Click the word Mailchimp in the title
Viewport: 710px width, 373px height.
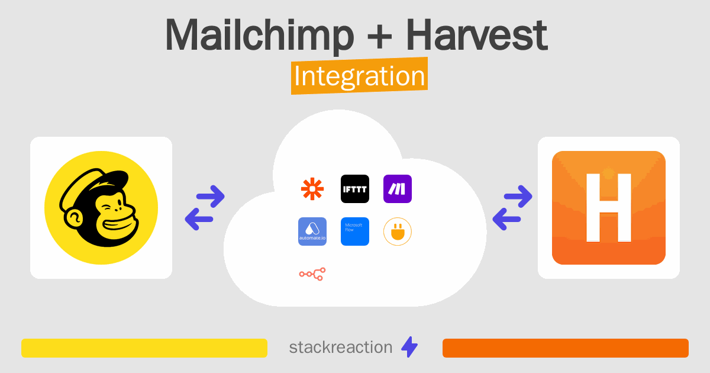259,36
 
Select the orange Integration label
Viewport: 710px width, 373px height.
359,78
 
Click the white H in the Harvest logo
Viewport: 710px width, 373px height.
608,207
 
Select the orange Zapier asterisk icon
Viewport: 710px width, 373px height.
312,189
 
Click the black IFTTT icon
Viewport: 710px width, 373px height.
355,189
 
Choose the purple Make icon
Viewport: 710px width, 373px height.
398,189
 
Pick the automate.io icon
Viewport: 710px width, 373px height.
312,231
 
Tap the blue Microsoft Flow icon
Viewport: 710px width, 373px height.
355,231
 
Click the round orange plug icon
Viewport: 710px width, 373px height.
398,231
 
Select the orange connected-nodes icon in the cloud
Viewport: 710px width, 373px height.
312,274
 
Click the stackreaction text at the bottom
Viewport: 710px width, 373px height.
340,348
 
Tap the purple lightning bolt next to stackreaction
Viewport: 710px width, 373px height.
409,348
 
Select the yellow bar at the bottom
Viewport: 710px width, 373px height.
144,348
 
